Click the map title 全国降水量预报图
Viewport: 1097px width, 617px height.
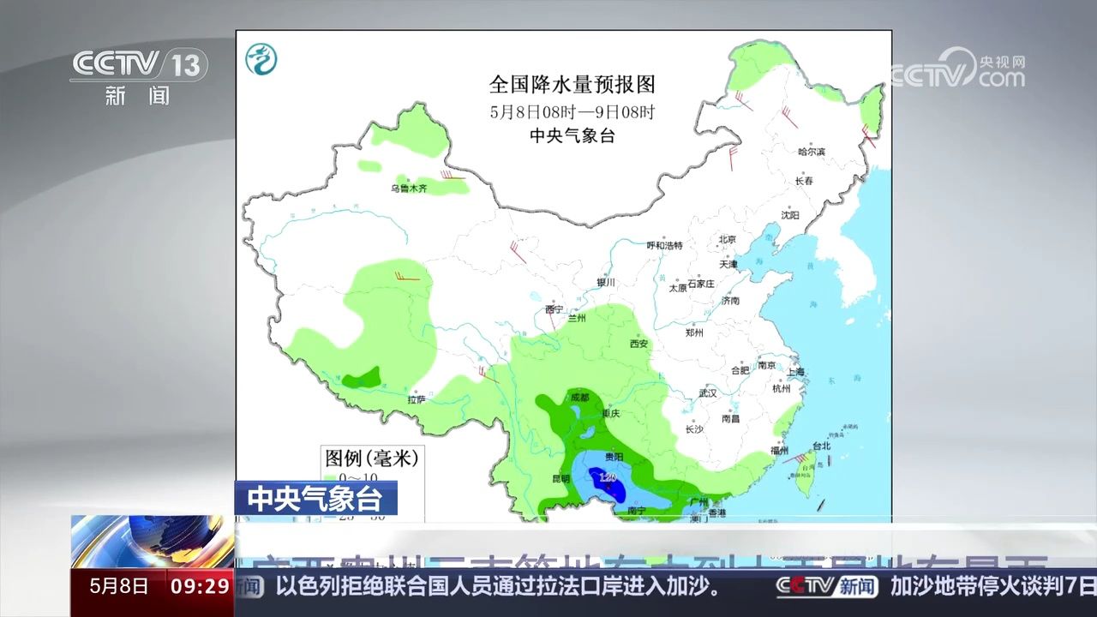[x=572, y=84]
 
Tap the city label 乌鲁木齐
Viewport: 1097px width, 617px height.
[x=409, y=188]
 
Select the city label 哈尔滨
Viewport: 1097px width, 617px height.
[x=811, y=152]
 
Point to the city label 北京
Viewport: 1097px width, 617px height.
[x=728, y=239]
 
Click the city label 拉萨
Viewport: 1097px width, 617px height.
[x=417, y=398]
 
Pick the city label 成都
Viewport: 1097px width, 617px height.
[x=579, y=397]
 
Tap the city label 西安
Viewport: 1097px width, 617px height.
[x=638, y=344]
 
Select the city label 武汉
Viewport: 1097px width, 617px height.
[x=707, y=392]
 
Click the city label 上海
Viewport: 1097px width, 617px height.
[x=795, y=372]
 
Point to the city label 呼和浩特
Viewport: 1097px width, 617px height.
[x=664, y=245]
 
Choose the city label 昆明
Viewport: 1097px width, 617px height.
[x=560, y=478]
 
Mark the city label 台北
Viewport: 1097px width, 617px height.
[x=821, y=446]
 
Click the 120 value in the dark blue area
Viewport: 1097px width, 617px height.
[x=608, y=477]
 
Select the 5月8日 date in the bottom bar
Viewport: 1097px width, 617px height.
[x=119, y=586]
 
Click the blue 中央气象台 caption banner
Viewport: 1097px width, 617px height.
[x=315, y=498]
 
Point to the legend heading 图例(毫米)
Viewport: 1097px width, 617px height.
[x=371, y=458]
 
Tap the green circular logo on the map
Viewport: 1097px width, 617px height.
[x=261, y=58]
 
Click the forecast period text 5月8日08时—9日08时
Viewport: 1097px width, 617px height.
[x=572, y=111]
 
